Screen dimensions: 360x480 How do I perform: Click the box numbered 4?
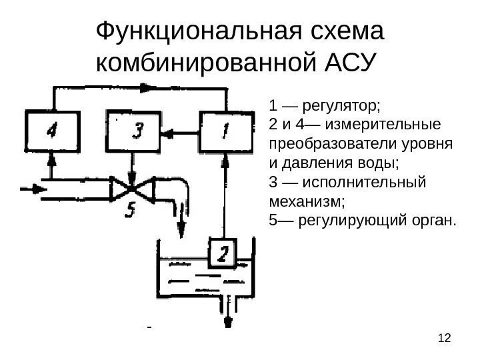51,132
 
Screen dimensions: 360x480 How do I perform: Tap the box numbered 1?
226,132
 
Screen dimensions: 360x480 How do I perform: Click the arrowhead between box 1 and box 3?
168,133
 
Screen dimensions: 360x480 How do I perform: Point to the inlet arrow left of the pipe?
33,189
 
